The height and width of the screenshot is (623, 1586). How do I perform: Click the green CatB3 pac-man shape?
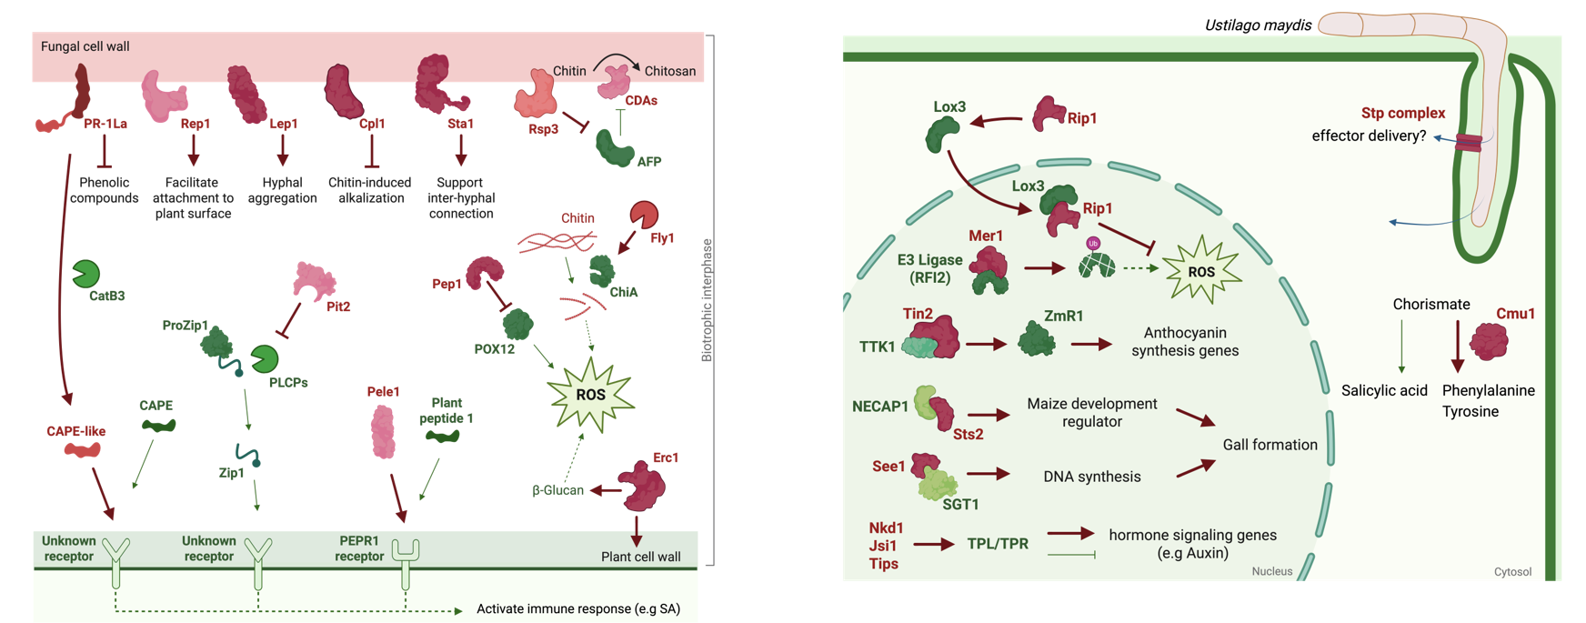85,274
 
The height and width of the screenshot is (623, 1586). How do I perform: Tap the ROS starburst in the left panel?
590,393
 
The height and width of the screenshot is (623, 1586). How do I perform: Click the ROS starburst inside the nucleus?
1200,270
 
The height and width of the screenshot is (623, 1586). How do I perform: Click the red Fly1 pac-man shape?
644,216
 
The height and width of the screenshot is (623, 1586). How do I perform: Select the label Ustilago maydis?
1258,25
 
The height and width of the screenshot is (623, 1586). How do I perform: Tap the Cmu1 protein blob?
1489,341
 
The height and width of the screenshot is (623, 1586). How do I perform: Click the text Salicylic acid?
1384,391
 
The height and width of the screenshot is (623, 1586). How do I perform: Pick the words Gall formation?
1270,445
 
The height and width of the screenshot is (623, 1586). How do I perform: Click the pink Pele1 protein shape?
383,431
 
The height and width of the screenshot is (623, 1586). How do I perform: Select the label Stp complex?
1402,114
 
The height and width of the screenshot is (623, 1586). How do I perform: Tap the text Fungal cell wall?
85,46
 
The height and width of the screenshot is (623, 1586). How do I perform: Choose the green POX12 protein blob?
517,325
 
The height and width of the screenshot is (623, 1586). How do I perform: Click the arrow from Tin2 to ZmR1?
987,345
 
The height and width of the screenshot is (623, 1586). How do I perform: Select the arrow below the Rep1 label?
193,150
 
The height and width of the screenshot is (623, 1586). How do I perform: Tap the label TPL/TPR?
998,544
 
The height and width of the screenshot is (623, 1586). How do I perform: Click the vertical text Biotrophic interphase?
707,300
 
